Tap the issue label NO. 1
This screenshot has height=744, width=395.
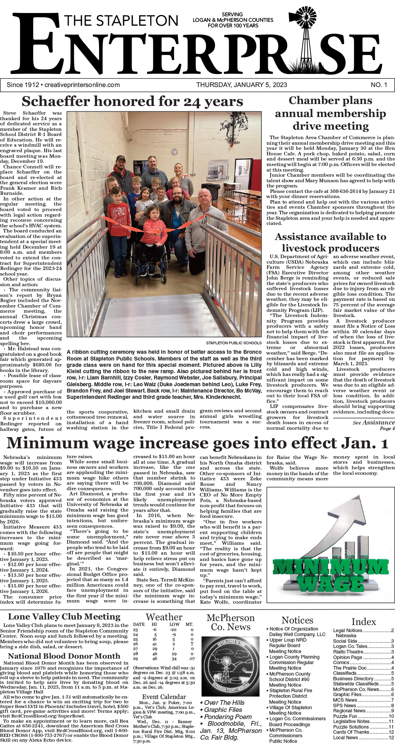click(379, 85)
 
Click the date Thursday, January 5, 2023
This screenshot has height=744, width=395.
click(241, 85)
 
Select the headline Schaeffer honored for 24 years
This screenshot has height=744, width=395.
click(132, 102)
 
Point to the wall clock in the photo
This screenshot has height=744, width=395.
click(175, 152)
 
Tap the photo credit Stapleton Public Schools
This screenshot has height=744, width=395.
click(233, 343)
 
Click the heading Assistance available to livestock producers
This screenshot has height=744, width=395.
click(331, 242)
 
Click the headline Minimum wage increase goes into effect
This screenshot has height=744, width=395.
click(197, 443)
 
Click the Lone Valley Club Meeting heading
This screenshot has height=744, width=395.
click(64, 616)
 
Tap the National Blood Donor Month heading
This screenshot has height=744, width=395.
click(64, 656)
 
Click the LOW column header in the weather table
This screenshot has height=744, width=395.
click(174, 624)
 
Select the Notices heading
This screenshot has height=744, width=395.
click(297, 620)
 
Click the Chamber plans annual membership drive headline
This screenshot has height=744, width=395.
click(331, 113)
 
